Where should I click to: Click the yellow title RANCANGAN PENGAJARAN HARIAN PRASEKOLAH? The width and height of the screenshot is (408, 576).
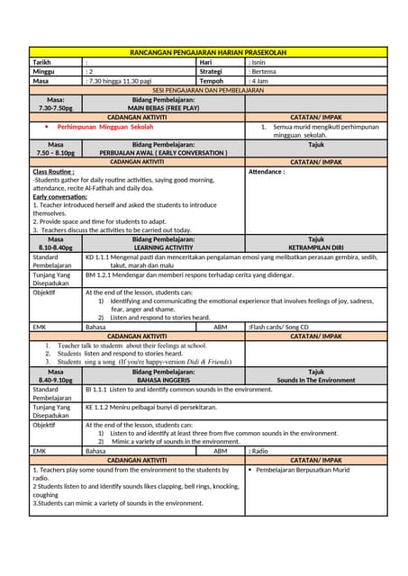pos(208,53)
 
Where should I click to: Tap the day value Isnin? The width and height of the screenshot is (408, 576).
pos(262,62)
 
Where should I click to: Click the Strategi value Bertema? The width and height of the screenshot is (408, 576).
pos(265,71)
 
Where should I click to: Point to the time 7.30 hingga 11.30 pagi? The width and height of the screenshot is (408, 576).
pos(120,81)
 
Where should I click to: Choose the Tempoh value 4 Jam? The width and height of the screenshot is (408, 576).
pos(262,81)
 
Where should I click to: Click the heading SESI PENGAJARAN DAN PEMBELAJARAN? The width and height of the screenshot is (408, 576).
pos(208,90)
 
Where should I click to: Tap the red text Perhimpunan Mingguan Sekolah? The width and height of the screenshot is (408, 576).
pos(105,127)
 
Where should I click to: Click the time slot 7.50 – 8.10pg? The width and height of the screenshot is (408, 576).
pos(56,153)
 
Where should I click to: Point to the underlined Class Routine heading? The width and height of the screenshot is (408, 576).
pos(53,172)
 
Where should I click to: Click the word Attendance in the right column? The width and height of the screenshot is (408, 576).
pos(267,172)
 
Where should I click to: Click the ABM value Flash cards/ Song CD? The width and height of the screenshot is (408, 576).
pos(280,327)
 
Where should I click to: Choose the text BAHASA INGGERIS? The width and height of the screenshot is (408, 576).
pos(163,380)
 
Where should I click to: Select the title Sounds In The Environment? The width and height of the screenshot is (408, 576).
pos(316,380)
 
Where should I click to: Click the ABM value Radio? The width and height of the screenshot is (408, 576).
pos(259,450)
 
